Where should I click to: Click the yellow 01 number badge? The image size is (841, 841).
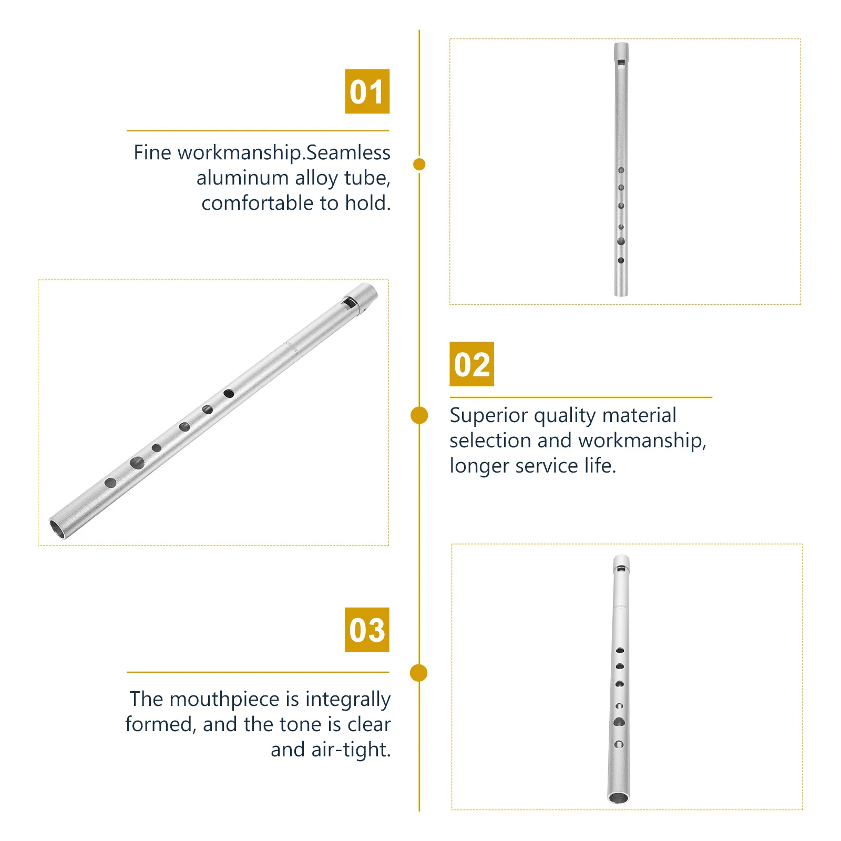pos(367,91)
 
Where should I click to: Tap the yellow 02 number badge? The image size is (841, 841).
pos(471,364)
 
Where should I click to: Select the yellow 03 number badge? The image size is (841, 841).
pos(367,630)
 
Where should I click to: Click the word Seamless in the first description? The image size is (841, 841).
pos(348,152)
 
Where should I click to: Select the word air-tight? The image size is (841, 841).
pos(351,750)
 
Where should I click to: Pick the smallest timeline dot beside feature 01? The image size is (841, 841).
pos(419,165)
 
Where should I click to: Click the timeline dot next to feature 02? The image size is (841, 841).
pos(419,415)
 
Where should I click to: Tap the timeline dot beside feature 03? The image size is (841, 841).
pos(418,673)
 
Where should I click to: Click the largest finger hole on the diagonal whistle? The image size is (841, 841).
pos(137,463)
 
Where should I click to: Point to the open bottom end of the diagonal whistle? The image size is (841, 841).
pos(57,529)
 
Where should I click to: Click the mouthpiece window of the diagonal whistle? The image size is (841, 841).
pos(348,302)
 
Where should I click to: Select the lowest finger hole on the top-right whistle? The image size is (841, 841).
pos(621,260)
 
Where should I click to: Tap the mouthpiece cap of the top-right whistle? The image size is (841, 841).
pos(621,50)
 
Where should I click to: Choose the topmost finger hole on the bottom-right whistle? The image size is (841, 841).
pos(620,651)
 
